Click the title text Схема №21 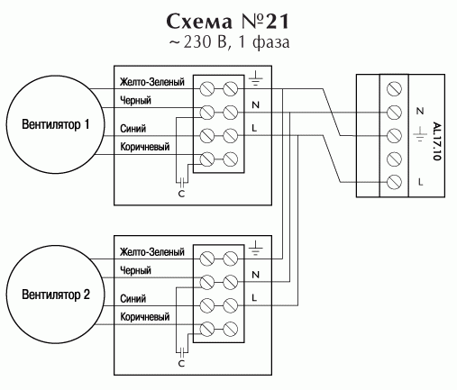pyautogui.click(x=228, y=22)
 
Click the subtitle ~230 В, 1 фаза pyautogui.click(x=229, y=42)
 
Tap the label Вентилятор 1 pyautogui.click(x=56, y=124)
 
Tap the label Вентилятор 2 pyautogui.click(x=56, y=295)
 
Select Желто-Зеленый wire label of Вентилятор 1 pyautogui.click(x=152, y=82)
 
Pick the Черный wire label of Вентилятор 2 pyautogui.click(x=135, y=270)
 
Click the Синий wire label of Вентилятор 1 pyautogui.click(x=133, y=129)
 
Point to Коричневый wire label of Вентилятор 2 pyautogui.click(x=145, y=317)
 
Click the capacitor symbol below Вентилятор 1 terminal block pyautogui.click(x=182, y=181)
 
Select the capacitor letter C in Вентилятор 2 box pyautogui.click(x=181, y=364)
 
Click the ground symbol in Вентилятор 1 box pyautogui.click(x=255, y=78)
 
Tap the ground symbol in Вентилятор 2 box pyautogui.click(x=255, y=248)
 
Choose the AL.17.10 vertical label pyautogui.click(x=436, y=141)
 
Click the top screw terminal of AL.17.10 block pyautogui.click(x=394, y=89)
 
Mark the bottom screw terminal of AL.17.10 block pyautogui.click(x=394, y=182)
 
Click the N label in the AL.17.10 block pyautogui.click(x=420, y=111)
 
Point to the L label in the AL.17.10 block pyautogui.click(x=420, y=182)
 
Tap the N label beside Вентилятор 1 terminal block pyautogui.click(x=255, y=104)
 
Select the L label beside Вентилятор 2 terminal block pyautogui.click(x=254, y=297)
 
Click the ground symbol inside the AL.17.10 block pyautogui.click(x=420, y=134)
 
